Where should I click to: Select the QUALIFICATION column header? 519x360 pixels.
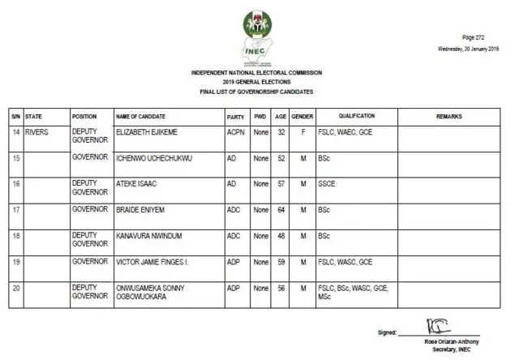[357, 117]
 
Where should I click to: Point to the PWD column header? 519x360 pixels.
[259, 117]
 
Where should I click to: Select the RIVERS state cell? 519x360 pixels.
[38, 131]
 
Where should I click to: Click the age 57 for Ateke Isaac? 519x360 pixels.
[281, 184]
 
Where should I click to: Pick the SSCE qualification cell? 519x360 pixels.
[327, 184]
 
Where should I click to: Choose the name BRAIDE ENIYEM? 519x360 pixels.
[142, 209]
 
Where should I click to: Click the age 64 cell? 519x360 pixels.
[281, 209]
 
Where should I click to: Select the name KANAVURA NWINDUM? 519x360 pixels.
[150, 236]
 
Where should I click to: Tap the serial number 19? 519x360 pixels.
[15, 262]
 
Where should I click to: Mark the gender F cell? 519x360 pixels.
[302, 131]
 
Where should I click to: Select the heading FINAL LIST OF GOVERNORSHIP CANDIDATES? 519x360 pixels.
[256, 92]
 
